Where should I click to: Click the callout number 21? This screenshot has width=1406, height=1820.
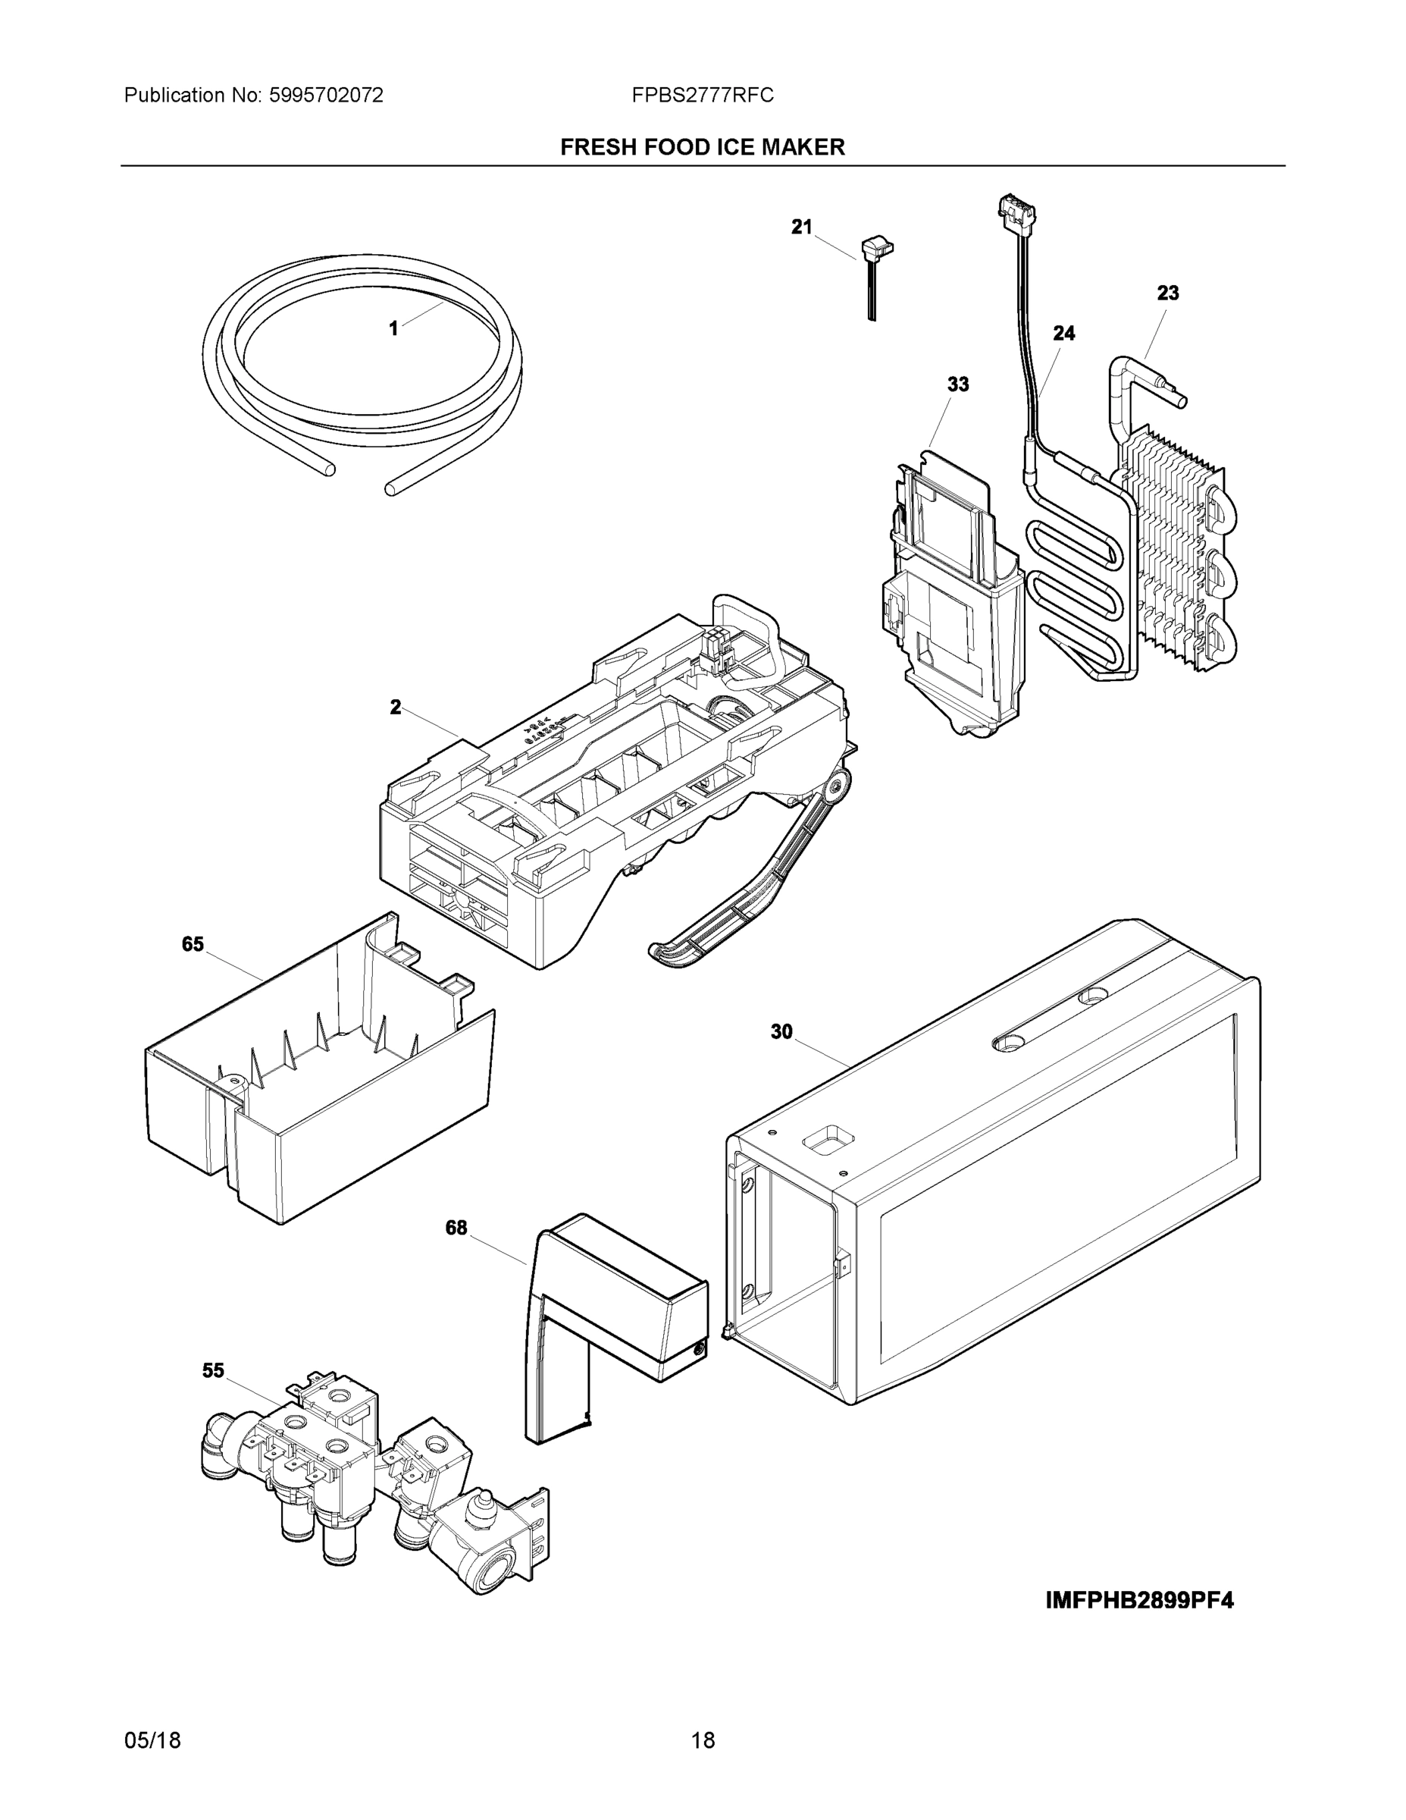coord(801,227)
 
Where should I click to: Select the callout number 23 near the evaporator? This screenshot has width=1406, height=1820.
coord(1168,293)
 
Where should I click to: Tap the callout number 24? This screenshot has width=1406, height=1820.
coord(1063,334)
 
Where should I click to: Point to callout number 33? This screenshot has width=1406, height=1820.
coord(958,384)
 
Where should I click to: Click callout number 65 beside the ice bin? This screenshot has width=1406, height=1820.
coord(193,944)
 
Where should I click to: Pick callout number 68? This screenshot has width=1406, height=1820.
coord(456,1228)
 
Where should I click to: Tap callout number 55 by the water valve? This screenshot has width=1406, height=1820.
coord(213,1371)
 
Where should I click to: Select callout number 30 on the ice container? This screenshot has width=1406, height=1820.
coord(781,1031)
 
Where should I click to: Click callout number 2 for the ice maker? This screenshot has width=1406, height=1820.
coord(396,708)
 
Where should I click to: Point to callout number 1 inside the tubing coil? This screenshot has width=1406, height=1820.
coord(393,328)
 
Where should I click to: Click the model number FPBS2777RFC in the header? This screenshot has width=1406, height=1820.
coord(702,95)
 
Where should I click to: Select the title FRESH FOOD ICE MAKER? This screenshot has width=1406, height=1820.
coord(702,148)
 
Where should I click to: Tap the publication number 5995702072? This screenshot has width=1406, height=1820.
coord(326,95)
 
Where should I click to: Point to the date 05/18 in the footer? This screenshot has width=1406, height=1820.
coord(152,1740)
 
